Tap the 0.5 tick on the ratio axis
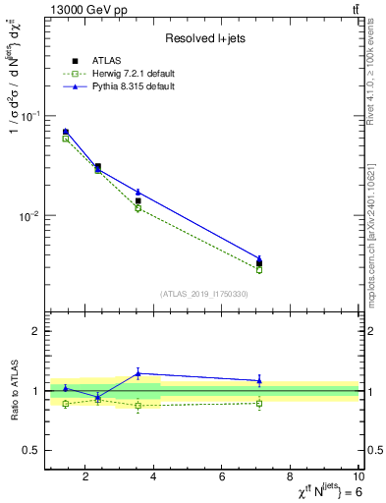(x=31, y=450)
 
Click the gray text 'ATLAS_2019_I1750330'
(x=203, y=294)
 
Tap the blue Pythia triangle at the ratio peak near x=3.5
(x=138, y=373)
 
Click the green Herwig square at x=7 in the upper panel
(x=259, y=269)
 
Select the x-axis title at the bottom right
(x=314, y=493)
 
